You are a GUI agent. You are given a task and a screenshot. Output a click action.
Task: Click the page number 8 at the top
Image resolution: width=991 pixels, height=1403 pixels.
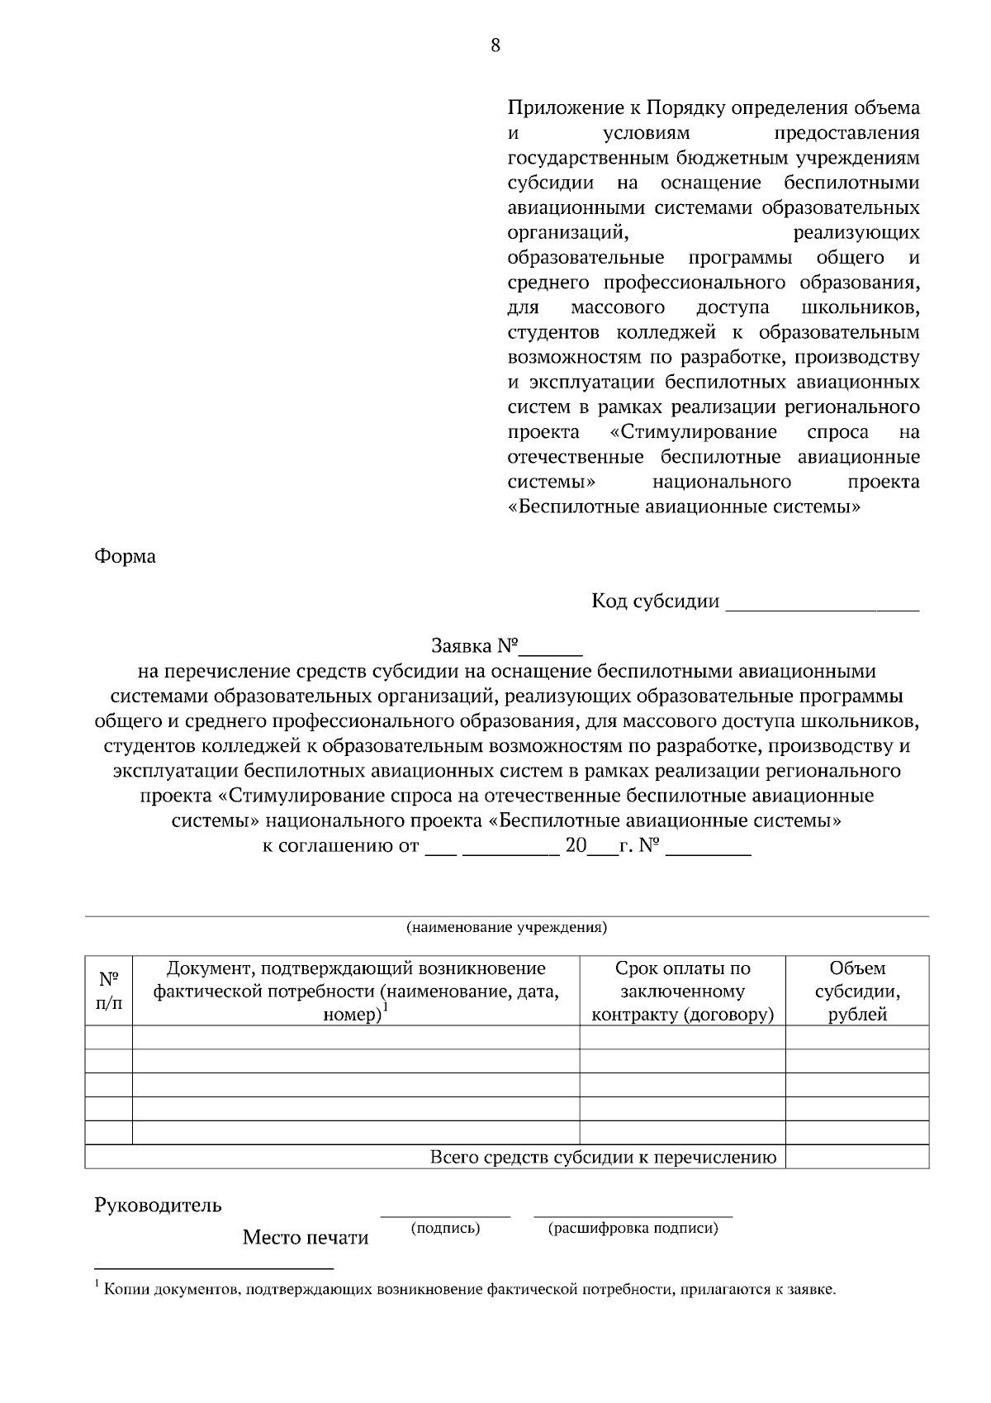(x=495, y=45)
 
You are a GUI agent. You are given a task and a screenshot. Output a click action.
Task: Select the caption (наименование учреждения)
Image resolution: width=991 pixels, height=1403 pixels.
(x=506, y=926)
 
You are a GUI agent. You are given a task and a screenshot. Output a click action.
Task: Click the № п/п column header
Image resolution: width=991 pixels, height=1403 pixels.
(x=108, y=991)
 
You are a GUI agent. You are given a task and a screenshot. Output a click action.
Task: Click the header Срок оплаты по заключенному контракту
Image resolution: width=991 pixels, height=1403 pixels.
(x=682, y=991)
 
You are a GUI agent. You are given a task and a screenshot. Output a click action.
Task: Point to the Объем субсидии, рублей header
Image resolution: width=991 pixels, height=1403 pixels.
(x=857, y=991)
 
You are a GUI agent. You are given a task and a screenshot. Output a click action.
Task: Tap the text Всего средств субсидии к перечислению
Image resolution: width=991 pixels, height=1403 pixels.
(x=603, y=1157)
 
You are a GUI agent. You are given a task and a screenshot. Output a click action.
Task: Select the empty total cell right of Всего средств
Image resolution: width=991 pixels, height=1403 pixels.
(x=857, y=1157)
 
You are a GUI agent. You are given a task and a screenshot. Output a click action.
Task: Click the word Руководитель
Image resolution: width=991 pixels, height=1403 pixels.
(x=159, y=1205)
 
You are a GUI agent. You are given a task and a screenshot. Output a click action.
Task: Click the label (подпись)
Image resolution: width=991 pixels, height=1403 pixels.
(x=446, y=1228)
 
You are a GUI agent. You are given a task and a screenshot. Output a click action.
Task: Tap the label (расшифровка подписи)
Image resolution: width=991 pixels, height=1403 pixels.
(x=633, y=1228)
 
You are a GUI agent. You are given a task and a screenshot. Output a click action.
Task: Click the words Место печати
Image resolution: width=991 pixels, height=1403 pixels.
(x=305, y=1238)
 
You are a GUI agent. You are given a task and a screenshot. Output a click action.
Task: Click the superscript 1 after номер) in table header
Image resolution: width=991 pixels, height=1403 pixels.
(x=386, y=1006)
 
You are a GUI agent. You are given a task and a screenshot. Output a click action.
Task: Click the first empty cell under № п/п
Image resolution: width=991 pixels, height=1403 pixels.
(x=108, y=1037)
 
